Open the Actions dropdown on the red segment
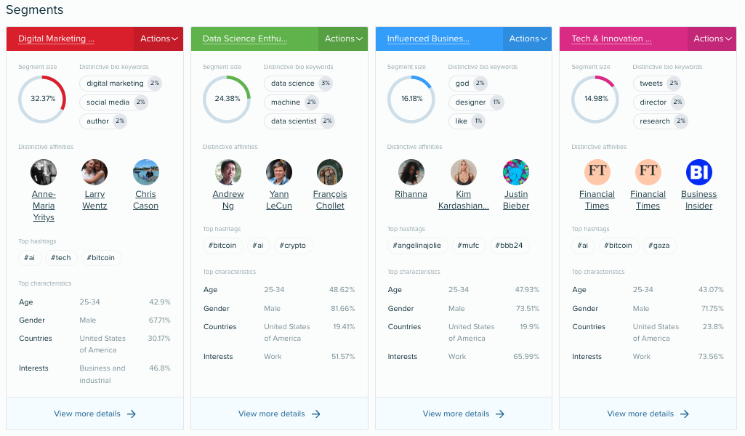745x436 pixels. pyautogui.click(x=158, y=39)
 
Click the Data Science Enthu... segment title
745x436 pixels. pyautogui.click(x=245, y=39)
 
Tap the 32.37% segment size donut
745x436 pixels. pyautogui.click(x=42, y=98)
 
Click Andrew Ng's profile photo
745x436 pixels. pyautogui.click(x=228, y=172)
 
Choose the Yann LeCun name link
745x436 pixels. pyautogui.click(x=279, y=200)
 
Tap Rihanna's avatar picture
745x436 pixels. pyautogui.click(x=411, y=172)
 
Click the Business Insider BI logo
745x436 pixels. pyautogui.click(x=699, y=172)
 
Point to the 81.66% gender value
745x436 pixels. pyautogui.click(x=342, y=309)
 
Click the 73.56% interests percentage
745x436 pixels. pyautogui.click(x=711, y=357)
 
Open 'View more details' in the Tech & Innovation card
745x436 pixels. pyautogui.click(x=648, y=413)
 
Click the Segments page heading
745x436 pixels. pyautogui.click(x=34, y=10)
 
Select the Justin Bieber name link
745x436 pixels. pyautogui.click(x=516, y=200)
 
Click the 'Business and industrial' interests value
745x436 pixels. pyautogui.click(x=102, y=374)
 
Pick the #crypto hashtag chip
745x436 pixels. pyautogui.click(x=293, y=246)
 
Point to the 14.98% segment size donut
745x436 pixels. pyautogui.click(x=595, y=98)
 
